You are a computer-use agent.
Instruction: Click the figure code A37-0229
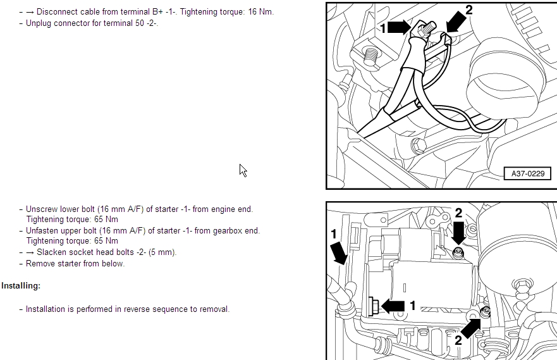[x=527, y=174]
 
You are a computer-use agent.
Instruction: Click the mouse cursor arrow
[x=243, y=171]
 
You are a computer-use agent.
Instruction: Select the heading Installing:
[x=21, y=286]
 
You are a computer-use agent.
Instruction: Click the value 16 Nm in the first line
[x=260, y=12]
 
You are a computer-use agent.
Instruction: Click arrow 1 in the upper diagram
[x=399, y=27]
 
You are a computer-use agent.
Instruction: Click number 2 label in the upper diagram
[x=469, y=10]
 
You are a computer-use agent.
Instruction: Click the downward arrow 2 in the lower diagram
[x=458, y=232]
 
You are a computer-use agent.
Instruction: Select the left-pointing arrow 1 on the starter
[x=393, y=306]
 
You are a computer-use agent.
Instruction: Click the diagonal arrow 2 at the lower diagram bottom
[x=471, y=328]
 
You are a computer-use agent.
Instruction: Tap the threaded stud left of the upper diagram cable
[x=370, y=57]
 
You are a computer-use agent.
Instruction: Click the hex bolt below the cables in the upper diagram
[x=419, y=146]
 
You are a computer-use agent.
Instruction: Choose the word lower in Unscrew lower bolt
[x=67, y=209]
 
